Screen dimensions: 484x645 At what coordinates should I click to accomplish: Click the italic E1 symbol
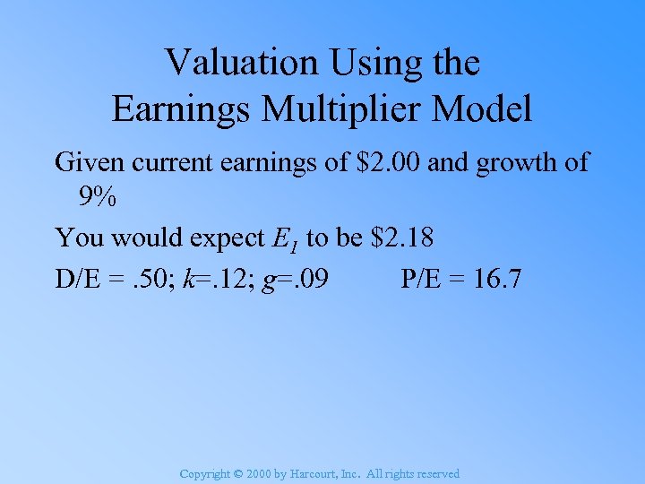pyautogui.click(x=286, y=238)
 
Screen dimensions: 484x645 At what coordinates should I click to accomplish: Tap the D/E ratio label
pyautogui.click(x=78, y=280)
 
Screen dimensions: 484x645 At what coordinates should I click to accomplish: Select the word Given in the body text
pyautogui.click(x=85, y=162)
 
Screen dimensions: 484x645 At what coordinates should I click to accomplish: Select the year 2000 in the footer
pyautogui.click(x=259, y=474)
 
